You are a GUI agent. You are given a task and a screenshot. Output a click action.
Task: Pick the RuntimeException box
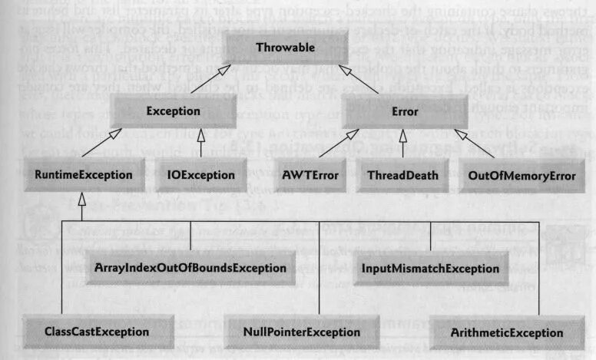pos(80,175)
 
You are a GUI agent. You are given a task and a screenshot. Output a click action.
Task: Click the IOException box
pos(200,175)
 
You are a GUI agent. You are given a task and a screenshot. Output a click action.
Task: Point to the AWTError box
pos(313,175)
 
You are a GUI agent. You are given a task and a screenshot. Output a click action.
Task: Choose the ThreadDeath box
pos(402,175)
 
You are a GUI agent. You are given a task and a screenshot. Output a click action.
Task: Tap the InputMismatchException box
pos(431,269)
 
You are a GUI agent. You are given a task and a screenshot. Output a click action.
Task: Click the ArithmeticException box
pos(508,332)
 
